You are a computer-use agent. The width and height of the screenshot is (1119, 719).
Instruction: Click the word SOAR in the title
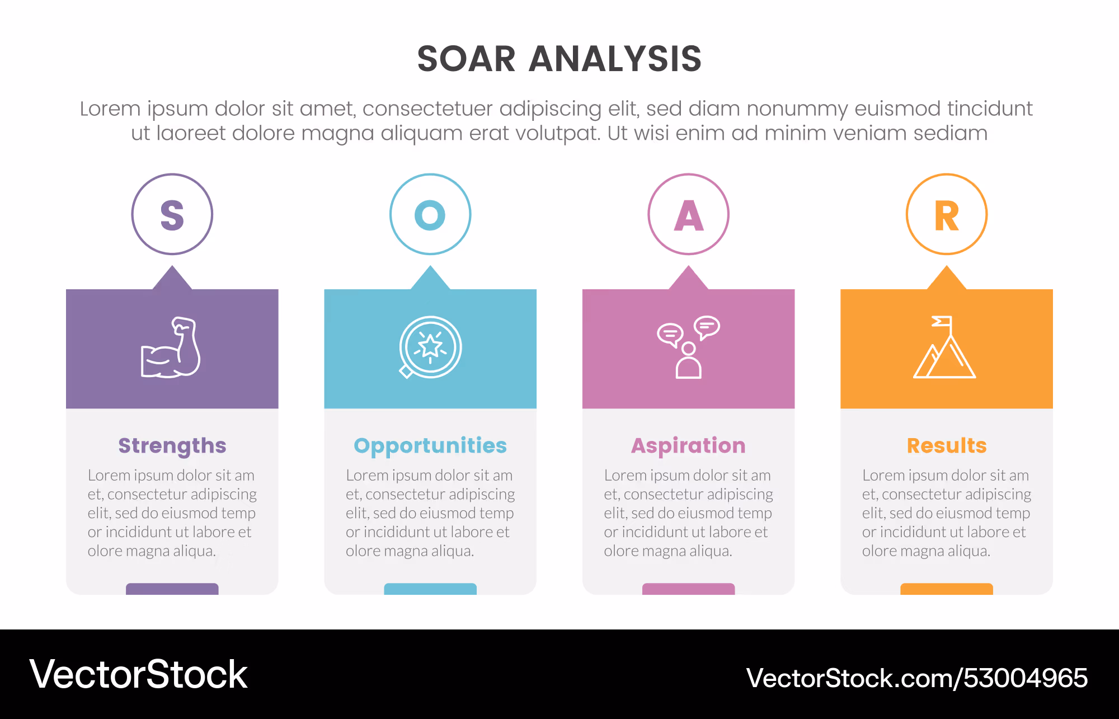pos(466,59)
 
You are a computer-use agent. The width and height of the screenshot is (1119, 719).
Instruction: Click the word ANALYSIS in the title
pos(615,59)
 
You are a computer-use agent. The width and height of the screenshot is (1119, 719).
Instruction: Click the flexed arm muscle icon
pos(171,347)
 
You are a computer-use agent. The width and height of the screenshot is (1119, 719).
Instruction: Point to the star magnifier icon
pos(430,347)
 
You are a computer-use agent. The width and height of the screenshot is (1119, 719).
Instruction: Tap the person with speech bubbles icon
pos(688,347)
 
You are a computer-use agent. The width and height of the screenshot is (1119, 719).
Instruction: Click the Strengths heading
pos(172,446)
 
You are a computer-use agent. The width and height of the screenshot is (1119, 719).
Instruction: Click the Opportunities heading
pos(430,446)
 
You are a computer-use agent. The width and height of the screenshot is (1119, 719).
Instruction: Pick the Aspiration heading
pos(689,446)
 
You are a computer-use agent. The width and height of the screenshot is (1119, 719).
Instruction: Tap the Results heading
pos(947,446)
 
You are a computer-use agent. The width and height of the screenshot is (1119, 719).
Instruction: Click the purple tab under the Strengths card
pos(172,589)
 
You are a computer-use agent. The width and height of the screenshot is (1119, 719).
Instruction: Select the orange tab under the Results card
pos(947,589)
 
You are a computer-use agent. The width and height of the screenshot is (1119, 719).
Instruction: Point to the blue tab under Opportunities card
pos(430,589)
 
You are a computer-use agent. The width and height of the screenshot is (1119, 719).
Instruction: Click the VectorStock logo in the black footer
pos(138,674)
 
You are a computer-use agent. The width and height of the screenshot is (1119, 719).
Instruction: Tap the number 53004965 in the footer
pos(1025,678)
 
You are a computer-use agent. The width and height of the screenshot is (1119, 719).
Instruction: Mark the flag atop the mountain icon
pos(942,321)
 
